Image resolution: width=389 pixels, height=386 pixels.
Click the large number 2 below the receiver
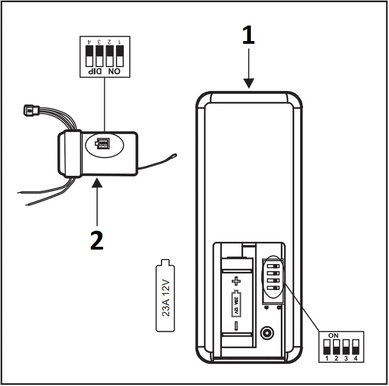(97, 240)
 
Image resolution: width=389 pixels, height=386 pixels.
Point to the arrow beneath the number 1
(249, 69)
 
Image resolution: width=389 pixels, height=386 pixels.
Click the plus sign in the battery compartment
(238, 281)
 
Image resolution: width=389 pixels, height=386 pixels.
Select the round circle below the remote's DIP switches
(267, 333)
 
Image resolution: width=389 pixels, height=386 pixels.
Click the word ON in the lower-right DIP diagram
(334, 336)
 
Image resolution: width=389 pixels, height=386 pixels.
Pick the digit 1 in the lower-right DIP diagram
(327, 359)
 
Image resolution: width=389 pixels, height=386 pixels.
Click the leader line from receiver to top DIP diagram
(104, 105)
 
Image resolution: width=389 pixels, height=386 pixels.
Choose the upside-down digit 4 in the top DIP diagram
(88, 42)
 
